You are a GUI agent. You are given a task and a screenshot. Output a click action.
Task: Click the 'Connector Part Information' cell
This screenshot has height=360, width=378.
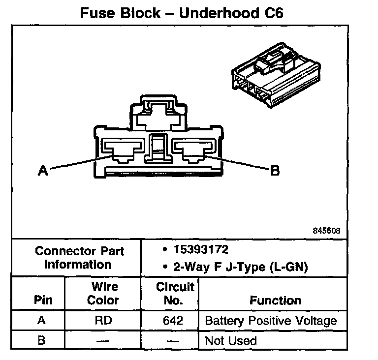80,258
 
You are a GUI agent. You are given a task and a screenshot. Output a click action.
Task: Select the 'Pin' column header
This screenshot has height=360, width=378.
42,300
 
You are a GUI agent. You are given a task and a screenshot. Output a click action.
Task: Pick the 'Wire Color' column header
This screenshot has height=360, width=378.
103,293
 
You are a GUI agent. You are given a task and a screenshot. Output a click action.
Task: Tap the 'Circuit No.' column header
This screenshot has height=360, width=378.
175,293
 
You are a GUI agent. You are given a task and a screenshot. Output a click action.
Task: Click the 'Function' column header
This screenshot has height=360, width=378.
275,300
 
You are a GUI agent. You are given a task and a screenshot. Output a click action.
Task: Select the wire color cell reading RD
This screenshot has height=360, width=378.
103,321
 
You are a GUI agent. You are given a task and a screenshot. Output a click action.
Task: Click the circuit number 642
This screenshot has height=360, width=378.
173,321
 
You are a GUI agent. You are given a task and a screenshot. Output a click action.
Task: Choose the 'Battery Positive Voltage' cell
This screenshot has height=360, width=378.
271,321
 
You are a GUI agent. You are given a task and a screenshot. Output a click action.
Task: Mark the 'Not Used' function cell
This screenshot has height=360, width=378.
231,340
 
